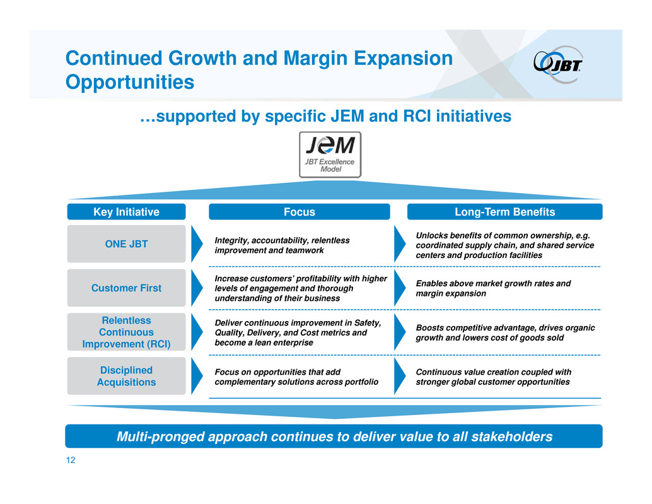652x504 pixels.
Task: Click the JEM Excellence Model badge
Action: pyautogui.click(x=330, y=155)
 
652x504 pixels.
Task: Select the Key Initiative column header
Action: pyautogui.click(x=126, y=212)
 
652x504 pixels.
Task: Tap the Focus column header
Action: pyautogui.click(x=300, y=212)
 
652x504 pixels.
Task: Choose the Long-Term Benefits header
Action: pyautogui.click(x=505, y=212)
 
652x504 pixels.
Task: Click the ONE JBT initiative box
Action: pyautogui.click(x=126, y=243)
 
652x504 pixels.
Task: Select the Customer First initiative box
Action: pyautogui.click(x=126, y=288)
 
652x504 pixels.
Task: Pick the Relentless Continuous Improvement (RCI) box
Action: pyautogui.click(x=126, y=332)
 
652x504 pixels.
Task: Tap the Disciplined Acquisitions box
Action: pyautogui.click(x=126, y=376)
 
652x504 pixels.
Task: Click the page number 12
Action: pyautogui.click(x=71, y=460)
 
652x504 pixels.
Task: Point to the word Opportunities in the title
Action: pyautogui.click(x=130, y=82)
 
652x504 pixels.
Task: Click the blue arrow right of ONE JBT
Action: pyautogui.click(x=196, y=243)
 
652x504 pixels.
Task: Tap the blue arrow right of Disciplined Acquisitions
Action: pyautogui.click(x=196, y=376)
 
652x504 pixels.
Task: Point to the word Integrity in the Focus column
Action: pyautogui.click(x=231, y=240)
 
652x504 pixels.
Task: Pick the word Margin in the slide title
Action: pyautogui.click(x=315, y=58)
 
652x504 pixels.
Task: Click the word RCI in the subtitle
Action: pyautogui.click(x=417, y=116)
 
